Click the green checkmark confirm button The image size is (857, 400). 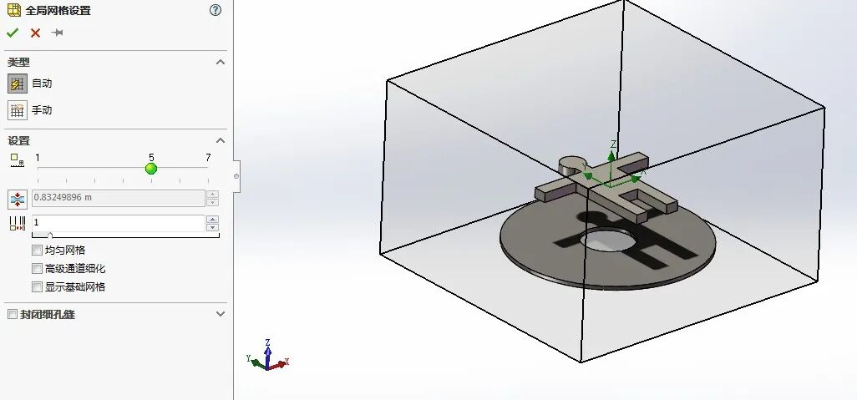coord(12,33)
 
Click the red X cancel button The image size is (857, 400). coord(35,33)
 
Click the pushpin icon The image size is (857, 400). coord(57,33)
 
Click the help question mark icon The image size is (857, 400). coord(216,10)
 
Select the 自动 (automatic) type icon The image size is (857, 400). coord(17,84)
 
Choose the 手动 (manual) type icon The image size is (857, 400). coord(17,110)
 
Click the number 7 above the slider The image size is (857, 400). coord(208,158)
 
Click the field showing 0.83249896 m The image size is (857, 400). coord(117,198)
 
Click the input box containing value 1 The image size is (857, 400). coord(117,222)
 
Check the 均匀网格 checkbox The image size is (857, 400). coord(37,251)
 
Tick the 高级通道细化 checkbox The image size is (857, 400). coord(37,269)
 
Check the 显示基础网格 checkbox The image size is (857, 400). coord(37,287)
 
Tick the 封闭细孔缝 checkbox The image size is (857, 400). coord(12,315)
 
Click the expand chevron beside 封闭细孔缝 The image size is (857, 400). coord(221,314)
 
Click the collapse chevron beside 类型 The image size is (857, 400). coord(221,63)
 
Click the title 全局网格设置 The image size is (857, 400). coord(58,11)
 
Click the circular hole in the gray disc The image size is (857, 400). coord(607,241)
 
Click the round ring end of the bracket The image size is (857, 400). coord(571,165)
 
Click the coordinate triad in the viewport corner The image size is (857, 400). coord(267,356)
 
